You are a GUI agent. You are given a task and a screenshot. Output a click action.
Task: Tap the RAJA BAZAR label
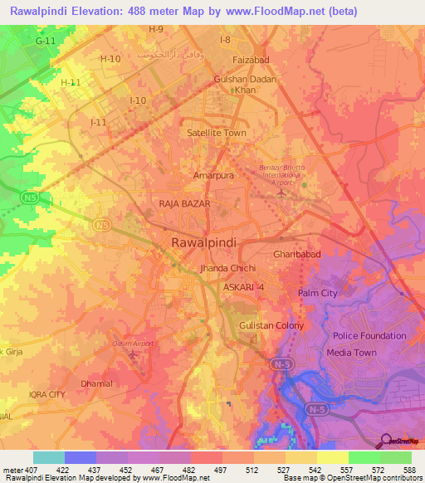(x=184, y=203)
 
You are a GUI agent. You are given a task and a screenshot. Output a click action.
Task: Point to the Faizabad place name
(x=252, y=61)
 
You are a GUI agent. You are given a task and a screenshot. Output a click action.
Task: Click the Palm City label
(x=318, y=293)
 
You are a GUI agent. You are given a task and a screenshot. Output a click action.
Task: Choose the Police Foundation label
(x=369, y=336)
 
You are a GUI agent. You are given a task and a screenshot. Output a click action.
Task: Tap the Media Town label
(x=351, y=353)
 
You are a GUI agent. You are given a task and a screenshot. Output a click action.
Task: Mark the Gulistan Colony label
(x=271, y=326)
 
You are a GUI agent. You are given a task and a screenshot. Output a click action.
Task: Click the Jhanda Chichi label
(x=227, y=269)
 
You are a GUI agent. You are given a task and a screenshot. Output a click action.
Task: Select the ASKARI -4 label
(x=244, y=286)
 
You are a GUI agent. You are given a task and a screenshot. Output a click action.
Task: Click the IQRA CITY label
(x=46, y=394)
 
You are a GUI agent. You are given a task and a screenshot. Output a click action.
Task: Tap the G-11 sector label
(x=46, y=40)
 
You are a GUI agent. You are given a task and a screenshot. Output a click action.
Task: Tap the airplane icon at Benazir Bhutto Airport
(x=282, y=193)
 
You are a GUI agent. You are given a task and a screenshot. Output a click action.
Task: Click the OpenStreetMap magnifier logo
(x=384, y=441)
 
